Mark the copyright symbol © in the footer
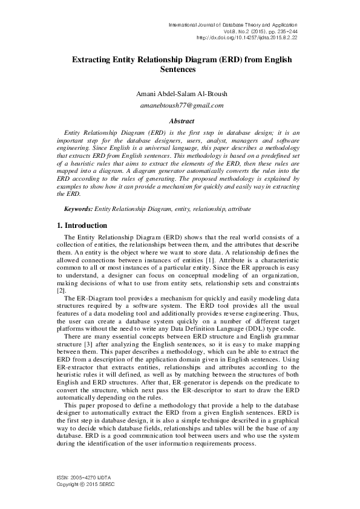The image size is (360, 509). [x=83, y=484]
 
